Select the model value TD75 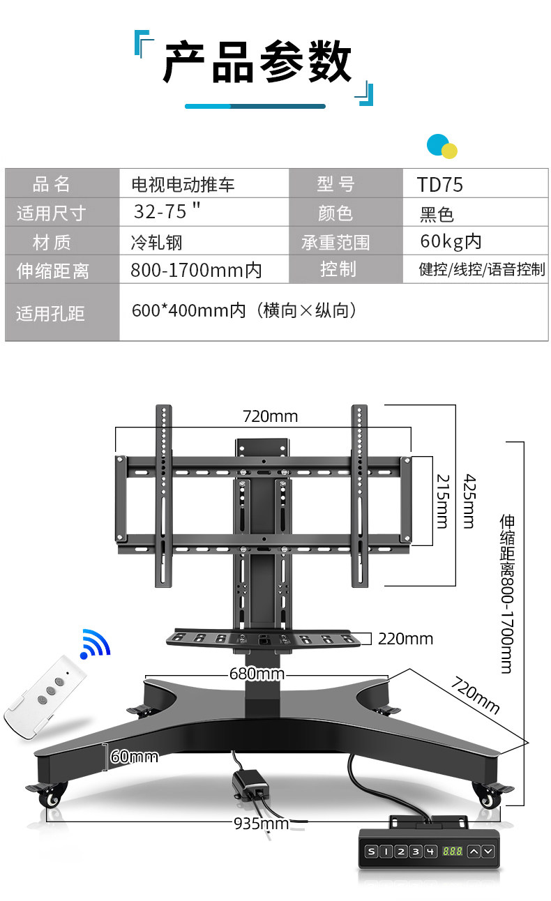coord(440,184)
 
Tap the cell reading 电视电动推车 coord(183,184)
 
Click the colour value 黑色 coord(437,213)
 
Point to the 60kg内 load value coord(451,242)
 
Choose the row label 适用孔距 coord(50,313)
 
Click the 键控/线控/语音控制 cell coord(482,269)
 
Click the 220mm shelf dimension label coord(405,639)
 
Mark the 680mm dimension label coord(257,674)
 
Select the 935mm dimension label coord(261,824)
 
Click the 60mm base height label coord(135,756)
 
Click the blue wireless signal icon coord(96,644)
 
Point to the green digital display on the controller coord(453,851)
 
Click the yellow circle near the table coord(450,151)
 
